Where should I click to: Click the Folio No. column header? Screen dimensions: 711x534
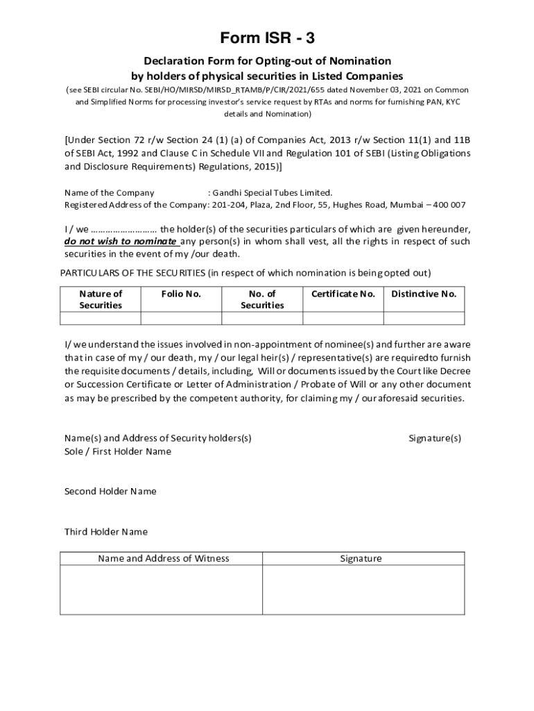[181, 294]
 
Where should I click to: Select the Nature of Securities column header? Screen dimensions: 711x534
[101, 299]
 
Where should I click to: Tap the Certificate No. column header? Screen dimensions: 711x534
[343, 294]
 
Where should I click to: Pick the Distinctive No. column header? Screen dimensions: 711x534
[424, 294]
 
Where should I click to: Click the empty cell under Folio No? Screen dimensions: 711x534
[181, 318]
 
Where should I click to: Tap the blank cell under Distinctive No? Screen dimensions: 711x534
[424, 318]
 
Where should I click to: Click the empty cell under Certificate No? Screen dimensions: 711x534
[343, 318]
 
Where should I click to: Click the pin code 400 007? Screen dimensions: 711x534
[449, 205]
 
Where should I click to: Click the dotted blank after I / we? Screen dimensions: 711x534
[124, 229]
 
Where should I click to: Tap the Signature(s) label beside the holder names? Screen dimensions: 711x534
[435, 438]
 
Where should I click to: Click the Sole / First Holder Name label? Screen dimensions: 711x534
[118, 451]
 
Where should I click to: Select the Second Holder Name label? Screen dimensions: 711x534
[110, 492]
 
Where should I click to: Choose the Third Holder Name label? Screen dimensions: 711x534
[106, 532]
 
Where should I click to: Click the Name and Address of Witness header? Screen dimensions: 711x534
[164, 558]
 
